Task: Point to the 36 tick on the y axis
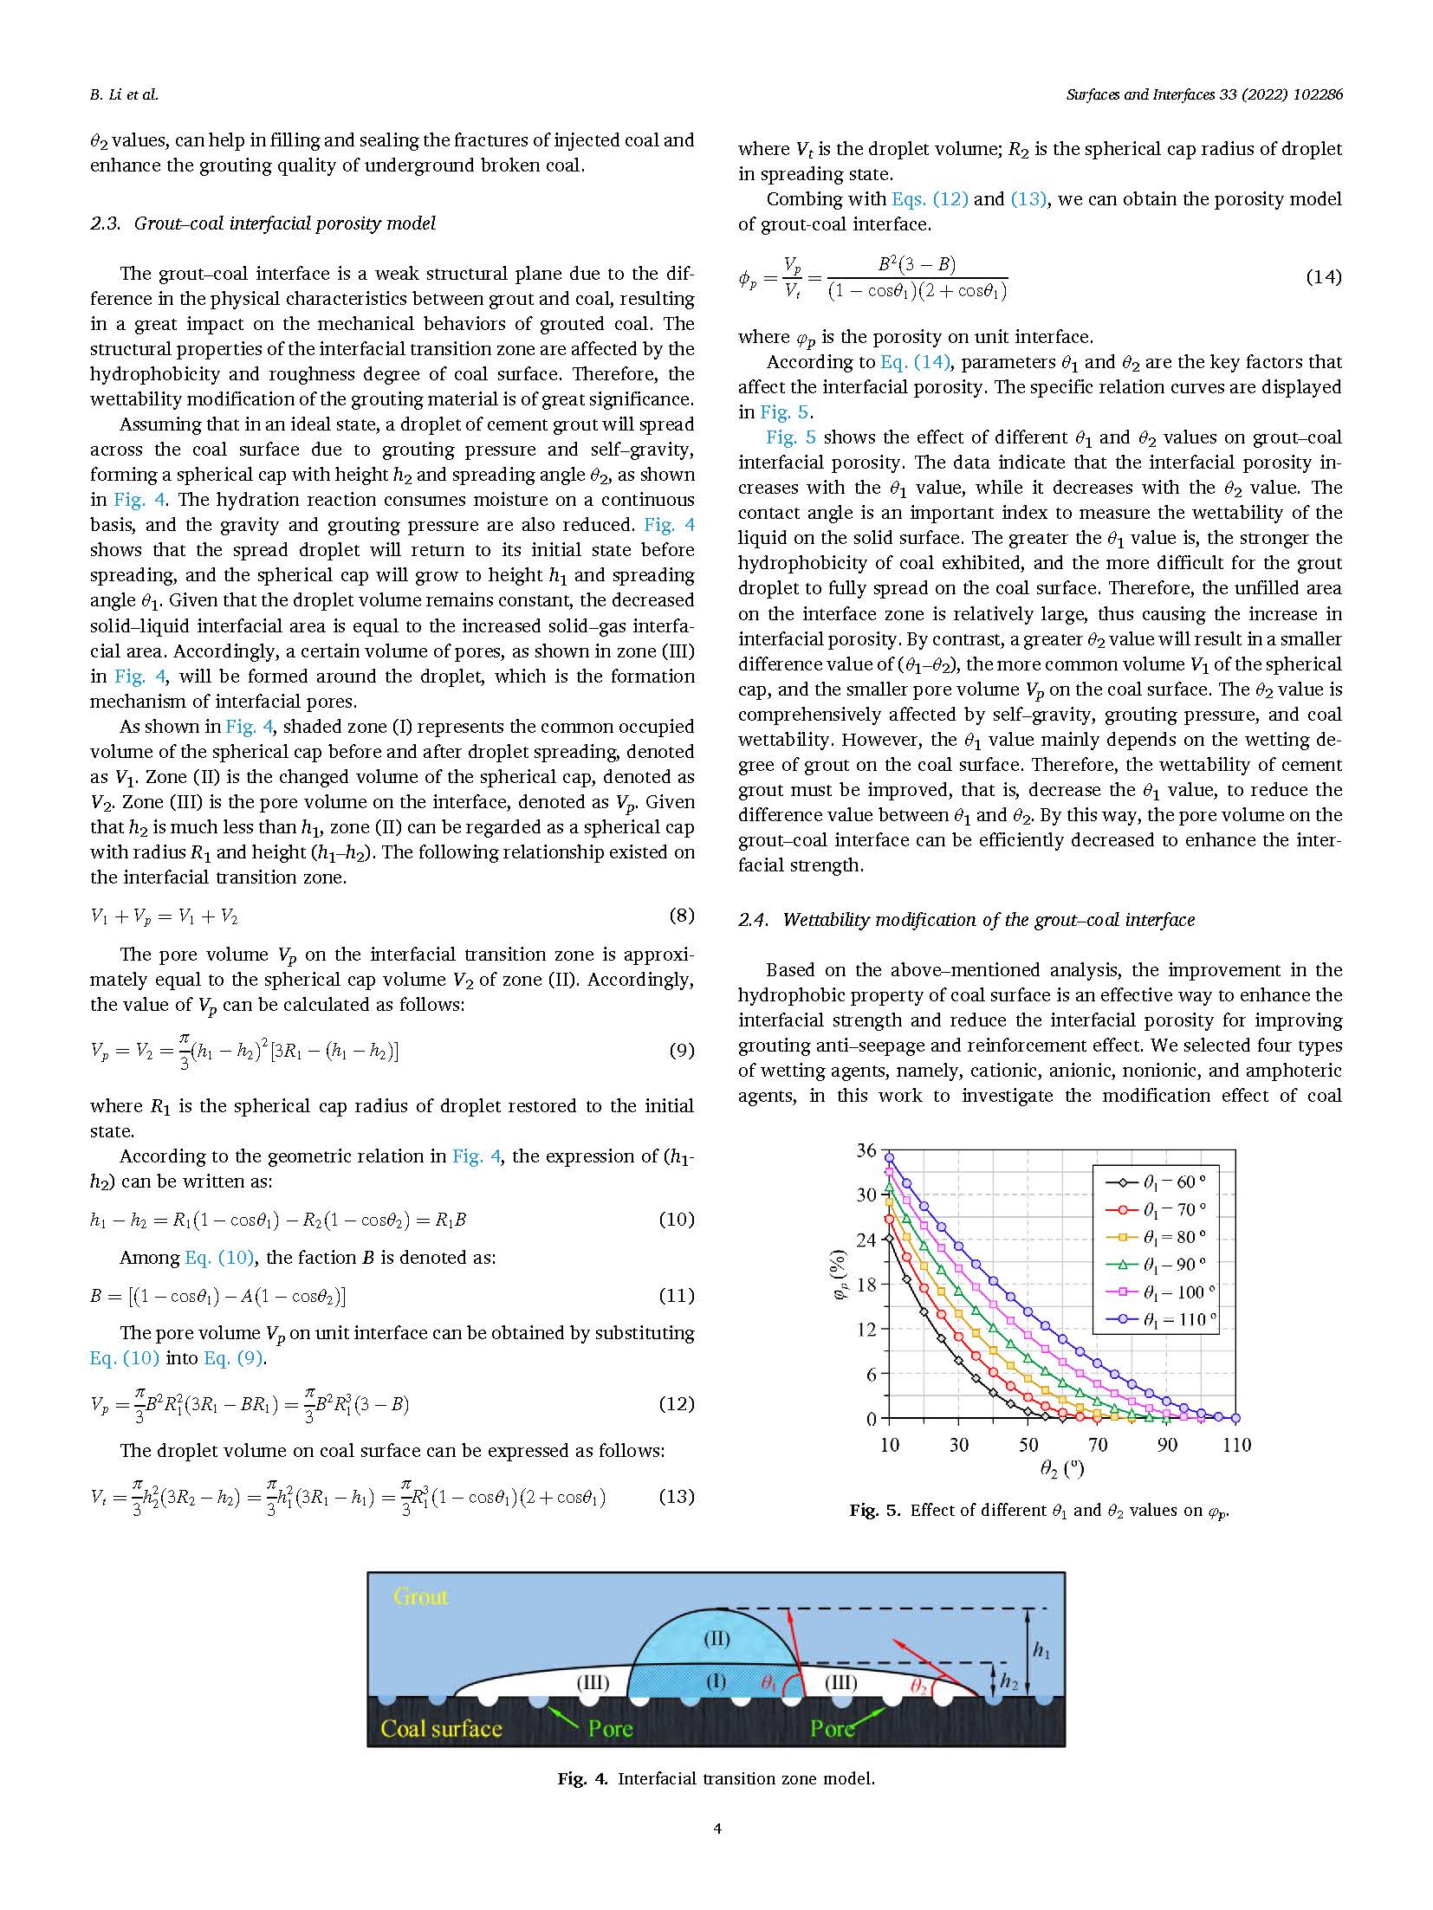point(866,1150)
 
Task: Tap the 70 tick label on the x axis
point(1098,1444)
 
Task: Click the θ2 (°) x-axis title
point(1062,1469)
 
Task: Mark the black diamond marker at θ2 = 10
point(889,1239)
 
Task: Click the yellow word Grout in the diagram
point(420,1596)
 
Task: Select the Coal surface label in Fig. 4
point(441,1729)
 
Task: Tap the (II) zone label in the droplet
point(716,1639)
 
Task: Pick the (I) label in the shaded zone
point(716,1682)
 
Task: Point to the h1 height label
point(1041,1651)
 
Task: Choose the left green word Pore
point(610,1729)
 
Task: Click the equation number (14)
point(1323,277)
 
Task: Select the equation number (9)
point(681,1051)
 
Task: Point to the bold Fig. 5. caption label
point(874,1510)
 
